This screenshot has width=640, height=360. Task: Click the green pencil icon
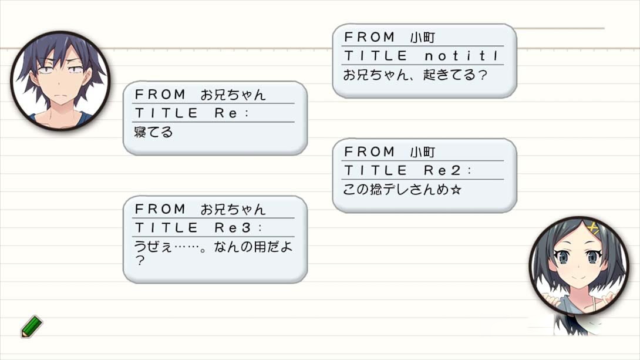pos(32,326)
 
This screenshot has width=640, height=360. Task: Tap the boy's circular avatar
pos(60,81)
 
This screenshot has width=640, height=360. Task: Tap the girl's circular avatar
pos(579,265)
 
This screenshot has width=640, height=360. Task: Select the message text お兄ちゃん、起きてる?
pos(415,75)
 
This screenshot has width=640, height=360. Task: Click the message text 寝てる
pos(153,132)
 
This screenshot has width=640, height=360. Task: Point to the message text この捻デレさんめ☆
pos(402,189)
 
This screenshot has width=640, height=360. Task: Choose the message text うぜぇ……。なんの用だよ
pos(214,247)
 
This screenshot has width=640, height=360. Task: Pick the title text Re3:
pos(238,228)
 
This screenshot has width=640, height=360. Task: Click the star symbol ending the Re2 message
pos(456,190)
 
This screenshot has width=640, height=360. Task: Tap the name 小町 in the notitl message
pos(422,38)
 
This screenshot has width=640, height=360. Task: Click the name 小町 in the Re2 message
pos(422,152)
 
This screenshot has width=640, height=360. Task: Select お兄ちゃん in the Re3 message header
pos(233,210)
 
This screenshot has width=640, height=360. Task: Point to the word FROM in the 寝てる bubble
pos(160,95)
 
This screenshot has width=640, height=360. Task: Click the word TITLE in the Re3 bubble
pos(166,228)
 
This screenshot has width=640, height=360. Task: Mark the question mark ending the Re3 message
pos(140,261)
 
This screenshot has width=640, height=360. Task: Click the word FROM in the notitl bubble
pos(369,37)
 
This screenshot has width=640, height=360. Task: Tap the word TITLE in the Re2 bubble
pos(376,170)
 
